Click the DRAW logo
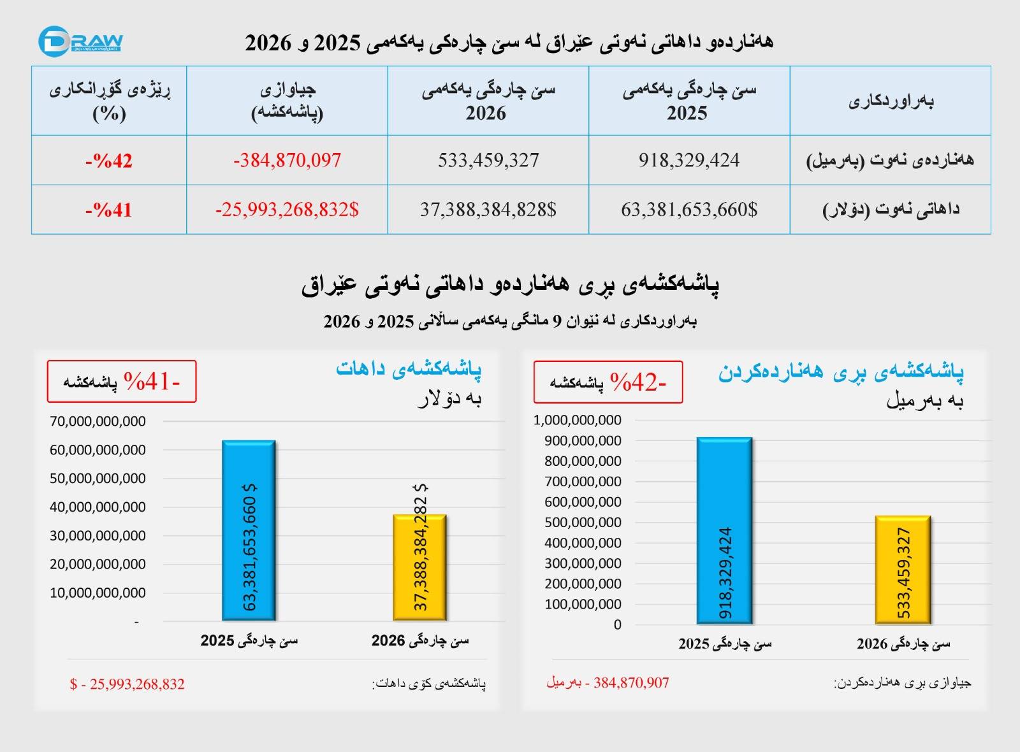point(80,41)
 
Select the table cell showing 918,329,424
point(689,160)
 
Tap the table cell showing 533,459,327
point(488,160)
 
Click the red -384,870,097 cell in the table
point(288,160)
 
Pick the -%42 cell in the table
point(109,160)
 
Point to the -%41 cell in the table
point(109,210)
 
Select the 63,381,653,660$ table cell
point(689,210)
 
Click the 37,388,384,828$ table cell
point(488,210)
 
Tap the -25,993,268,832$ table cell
point(288,210)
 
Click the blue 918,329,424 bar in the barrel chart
point(724,531)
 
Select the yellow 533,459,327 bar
point(903,570)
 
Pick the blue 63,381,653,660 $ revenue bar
point(249,530)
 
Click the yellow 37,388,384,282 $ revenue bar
point(420,568)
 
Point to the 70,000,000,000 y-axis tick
point(98,421)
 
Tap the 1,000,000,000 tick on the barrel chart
point(577,420)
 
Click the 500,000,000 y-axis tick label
point(583,522)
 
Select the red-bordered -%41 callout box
point(122,382)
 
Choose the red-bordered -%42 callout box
point(608,382)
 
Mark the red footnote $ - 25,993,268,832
point(127,684)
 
